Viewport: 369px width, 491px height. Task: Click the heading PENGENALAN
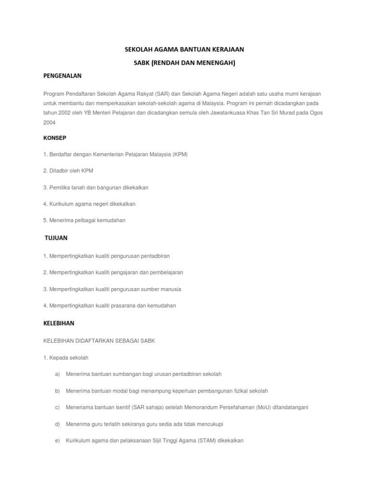[x=62, y=76]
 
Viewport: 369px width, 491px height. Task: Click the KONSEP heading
[x=55, y=138]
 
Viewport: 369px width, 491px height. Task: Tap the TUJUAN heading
[x=56, y=238]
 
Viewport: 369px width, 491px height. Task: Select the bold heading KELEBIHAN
[x=59, y=323]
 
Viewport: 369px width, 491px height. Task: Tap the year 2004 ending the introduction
[x=49, y=122]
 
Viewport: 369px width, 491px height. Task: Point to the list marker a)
[x=57, y=374]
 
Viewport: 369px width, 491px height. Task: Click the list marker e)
[x=57, y=440]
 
